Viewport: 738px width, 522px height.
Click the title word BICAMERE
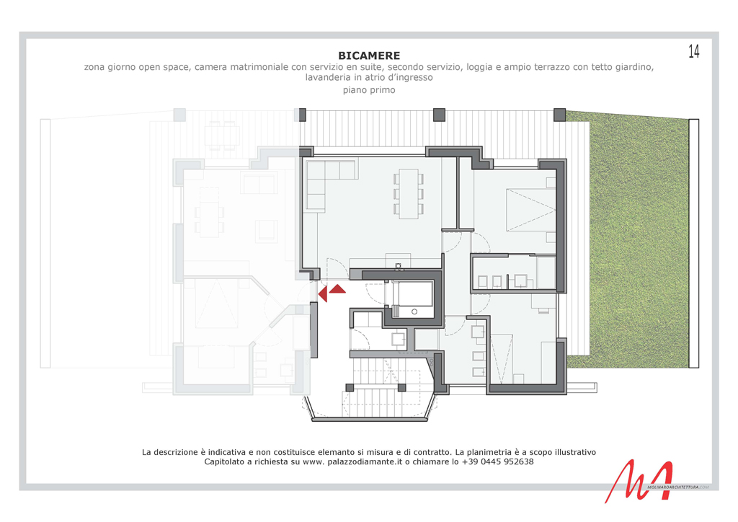coord(369,56)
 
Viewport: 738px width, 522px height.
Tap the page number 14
coord(694,51)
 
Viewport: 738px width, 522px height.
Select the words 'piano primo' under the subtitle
coord(369,90)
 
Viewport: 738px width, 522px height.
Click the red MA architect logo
coord(639,481)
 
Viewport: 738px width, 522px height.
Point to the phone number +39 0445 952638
coord(498,461)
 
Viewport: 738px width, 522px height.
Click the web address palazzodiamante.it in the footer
coord(365,461)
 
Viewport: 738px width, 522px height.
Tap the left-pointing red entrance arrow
coord(323,294)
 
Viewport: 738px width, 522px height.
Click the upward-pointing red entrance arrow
coord(337,289)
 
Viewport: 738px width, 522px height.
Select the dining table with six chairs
coord(409,193)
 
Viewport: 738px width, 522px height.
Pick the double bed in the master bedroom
coord(531,210)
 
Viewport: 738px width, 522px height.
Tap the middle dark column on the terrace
coord(439,115)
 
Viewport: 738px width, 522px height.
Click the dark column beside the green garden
coord(559,115)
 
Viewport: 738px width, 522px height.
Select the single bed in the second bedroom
coord(502,358)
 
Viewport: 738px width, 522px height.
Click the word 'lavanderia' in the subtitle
coord(329,78)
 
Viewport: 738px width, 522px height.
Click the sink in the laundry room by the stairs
coord(399,339)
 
